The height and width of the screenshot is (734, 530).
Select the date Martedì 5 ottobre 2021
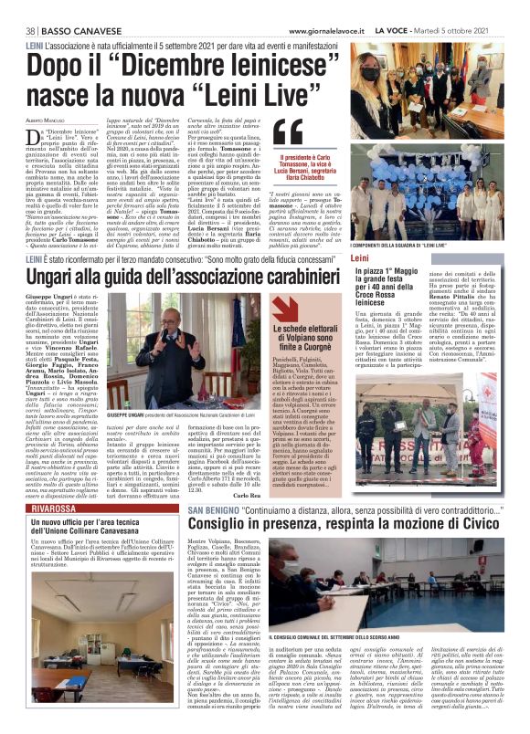point(478,30)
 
